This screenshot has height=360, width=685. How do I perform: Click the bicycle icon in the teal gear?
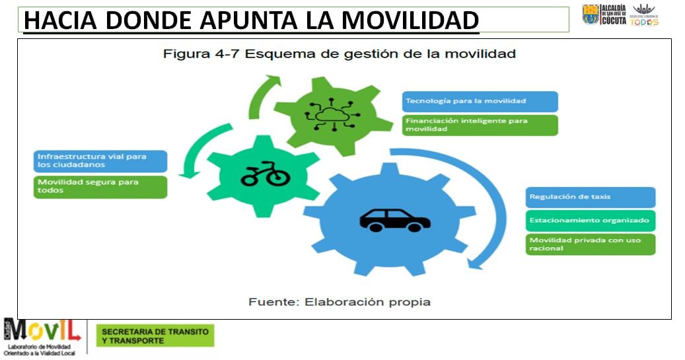(264, 175)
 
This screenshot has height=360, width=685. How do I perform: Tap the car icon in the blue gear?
(394, 219)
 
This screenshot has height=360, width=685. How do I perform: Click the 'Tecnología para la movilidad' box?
(480, 101)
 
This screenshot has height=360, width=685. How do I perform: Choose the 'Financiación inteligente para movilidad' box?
(480, 125)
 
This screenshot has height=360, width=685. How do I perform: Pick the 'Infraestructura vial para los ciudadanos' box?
(100, 161)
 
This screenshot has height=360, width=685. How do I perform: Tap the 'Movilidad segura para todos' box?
(100, 186)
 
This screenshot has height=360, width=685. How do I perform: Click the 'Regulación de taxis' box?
(591, 197)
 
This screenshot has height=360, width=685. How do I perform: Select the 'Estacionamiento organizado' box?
(591, 221)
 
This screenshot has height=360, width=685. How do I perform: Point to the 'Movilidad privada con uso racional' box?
(591, 244)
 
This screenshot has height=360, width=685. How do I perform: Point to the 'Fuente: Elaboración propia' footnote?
(340, 302)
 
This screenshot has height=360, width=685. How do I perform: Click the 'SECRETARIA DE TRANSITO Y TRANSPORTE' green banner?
(155, 336)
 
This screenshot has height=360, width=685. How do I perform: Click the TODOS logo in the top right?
(643, 15)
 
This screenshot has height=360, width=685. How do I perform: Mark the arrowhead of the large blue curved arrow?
(477, 262)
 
